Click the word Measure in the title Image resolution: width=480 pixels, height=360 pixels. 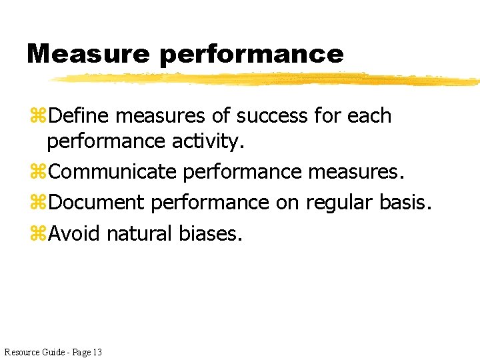coord(89,53)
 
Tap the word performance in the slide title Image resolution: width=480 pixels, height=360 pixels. coord(251,55)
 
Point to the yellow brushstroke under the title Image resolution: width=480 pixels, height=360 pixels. coord(267,79)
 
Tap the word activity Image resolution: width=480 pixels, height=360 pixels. coord(207,142)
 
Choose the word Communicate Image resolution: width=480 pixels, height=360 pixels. coord(113,172)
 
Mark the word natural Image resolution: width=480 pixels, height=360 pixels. coord(139,233)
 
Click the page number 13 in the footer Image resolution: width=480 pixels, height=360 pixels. coord(97,351)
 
